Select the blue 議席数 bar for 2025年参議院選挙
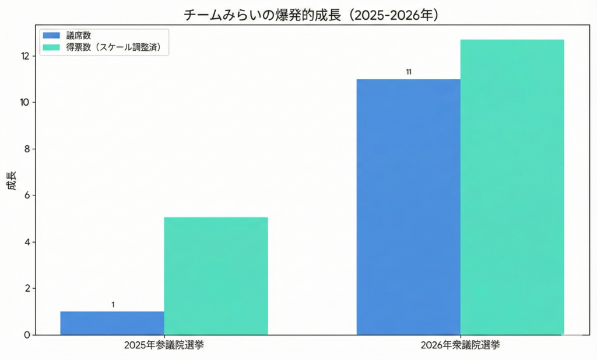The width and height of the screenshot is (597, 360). point(112,323)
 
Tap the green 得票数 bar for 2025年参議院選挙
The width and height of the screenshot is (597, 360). point(216,276)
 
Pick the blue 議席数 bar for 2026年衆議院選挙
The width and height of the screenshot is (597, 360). point(408,207)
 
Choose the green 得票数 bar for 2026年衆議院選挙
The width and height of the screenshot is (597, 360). point(512,187)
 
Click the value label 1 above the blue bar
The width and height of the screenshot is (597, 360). point(113,305)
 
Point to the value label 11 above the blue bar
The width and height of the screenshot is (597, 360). point(409,72)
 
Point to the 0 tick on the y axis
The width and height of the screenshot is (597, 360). point(27,335)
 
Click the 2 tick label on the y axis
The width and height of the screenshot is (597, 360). point(27,288)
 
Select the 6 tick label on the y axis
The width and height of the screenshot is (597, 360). point(27,195)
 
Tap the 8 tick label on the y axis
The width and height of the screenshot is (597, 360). point(27,149)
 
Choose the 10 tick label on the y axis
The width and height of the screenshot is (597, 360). point(24,102)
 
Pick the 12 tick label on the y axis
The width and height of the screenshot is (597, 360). point(24,56)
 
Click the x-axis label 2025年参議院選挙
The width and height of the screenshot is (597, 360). point(164,345)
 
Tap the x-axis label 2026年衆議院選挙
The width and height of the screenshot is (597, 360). point(460,345)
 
